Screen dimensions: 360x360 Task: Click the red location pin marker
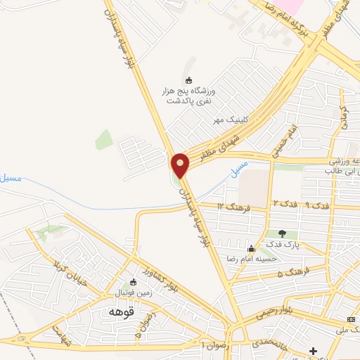(181, 165)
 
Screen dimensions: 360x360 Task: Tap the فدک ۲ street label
(284, 203)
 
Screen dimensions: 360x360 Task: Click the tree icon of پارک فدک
(282, 233)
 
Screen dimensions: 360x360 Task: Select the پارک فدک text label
(282, 245)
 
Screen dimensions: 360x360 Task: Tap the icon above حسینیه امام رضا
(251, 247)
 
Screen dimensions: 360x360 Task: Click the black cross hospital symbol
(314, 351)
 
